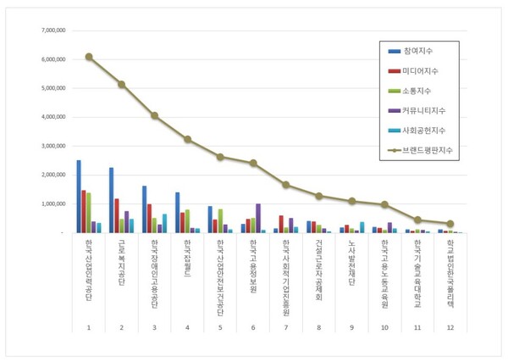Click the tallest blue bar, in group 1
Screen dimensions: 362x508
pos(79,196)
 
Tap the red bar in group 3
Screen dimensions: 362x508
pos(150,218)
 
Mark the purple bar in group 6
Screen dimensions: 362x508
pos(258,218)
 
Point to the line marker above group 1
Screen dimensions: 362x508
pos(89,57)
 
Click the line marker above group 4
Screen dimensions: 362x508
pos(187,139)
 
